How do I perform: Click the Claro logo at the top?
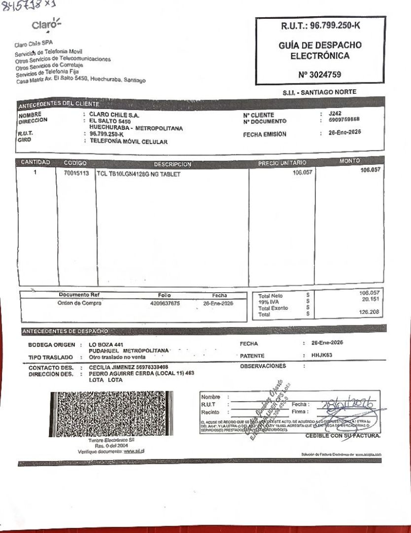tap(46, 24)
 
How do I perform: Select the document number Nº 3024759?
tap(319, 75)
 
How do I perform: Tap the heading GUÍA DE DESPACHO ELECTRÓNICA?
tap(320, 50)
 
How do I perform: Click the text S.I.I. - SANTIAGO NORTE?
tap(319, 92)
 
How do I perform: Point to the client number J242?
tap(335, 113)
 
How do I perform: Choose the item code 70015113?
tap(76, 174)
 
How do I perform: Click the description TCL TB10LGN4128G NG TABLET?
tap(139, 174)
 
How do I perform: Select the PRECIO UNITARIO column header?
tap(282, 163)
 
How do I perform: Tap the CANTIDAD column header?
tap(35, 162)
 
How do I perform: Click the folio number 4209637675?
tap(165, 304)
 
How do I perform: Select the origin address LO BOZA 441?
tap(106, 344)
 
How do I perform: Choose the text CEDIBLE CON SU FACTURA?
tap(342, 436)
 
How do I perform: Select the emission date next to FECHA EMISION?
tap(344, 132)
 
